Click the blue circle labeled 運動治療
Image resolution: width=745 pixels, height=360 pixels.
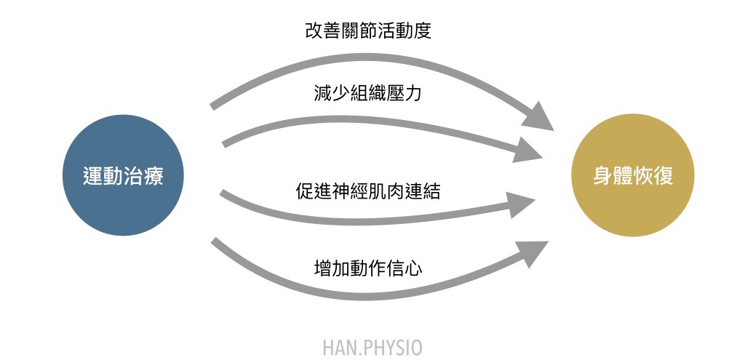[x=123, y=175]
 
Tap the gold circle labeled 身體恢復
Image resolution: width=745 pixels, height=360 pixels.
[x=633, y=175]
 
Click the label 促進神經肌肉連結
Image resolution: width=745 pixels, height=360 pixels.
[x=368, y=192]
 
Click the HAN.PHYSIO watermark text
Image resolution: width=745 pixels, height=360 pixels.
[x=372, y=347]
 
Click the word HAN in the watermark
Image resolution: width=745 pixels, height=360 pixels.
[x=339, y=347]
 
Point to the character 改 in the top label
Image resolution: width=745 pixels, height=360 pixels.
[x=314, y=31]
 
